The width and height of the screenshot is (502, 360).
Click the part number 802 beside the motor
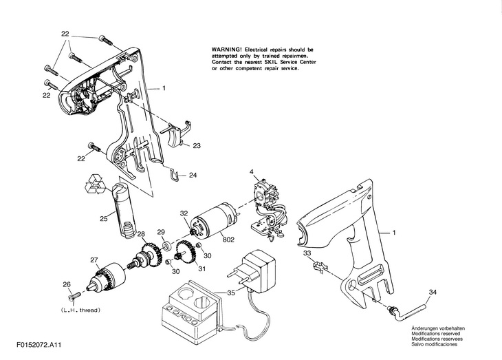229,240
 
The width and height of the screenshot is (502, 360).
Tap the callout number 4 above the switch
251,171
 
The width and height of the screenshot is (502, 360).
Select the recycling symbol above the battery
95,184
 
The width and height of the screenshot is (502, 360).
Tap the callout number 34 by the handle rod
432,293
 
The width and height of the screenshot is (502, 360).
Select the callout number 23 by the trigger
197,145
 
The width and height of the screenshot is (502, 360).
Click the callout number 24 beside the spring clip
193,176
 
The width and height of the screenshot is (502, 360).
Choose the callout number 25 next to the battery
103,220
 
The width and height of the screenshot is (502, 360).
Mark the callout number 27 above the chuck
94,260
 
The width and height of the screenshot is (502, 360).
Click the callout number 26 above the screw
67,284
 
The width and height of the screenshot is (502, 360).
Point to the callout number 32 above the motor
184,213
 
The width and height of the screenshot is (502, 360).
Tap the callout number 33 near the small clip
307,253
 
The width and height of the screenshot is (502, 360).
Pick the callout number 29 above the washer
162,232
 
